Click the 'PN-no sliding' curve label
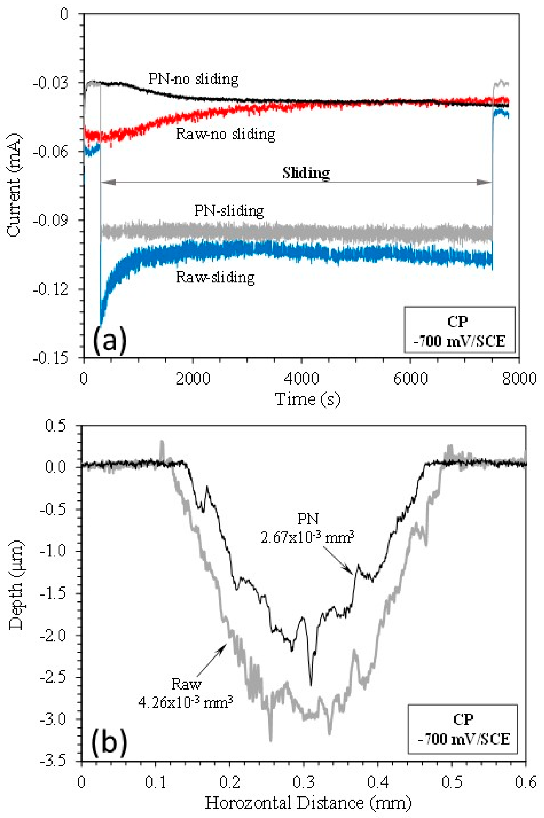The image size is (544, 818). pos(193,79)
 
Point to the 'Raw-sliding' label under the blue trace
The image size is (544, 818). pos(215,277)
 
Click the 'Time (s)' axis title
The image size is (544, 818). pos(307,399)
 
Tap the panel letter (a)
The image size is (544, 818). pos(110,341)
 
